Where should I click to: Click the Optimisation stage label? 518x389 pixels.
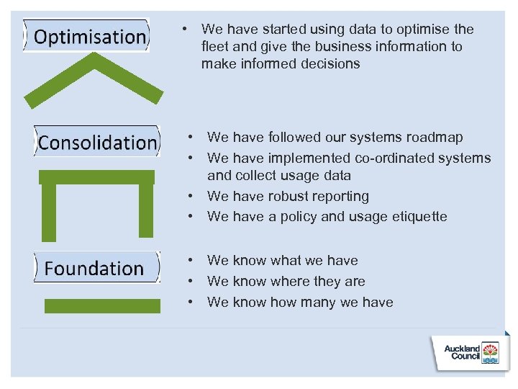[x=90, y=36]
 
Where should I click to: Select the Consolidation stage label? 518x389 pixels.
[x=97, y=142]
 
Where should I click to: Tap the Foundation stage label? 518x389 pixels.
[x=94, y=268]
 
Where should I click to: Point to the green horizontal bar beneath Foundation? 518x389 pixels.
[x=102, y=305]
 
